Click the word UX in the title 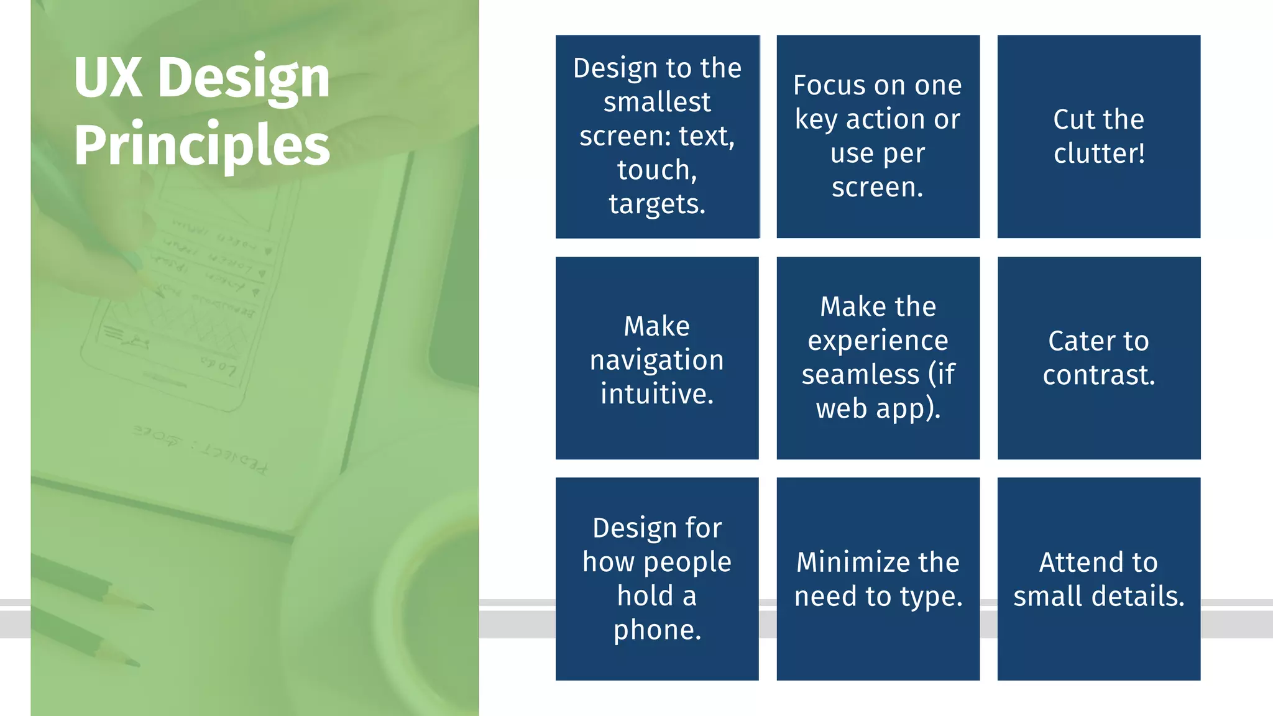coord(108,78)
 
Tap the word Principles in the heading coord(201,145)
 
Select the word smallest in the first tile coord(657,101)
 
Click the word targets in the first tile coord(656,204)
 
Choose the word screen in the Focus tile coord(876,186)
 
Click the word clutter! coord(1099,153)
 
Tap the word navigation coord(657,360)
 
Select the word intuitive coord(657,393)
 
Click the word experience coord(878,341)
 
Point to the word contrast coord(1098,375)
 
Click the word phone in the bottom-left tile coord(656,630)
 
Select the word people coord(687,562)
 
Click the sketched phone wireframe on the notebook coord(180,298)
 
